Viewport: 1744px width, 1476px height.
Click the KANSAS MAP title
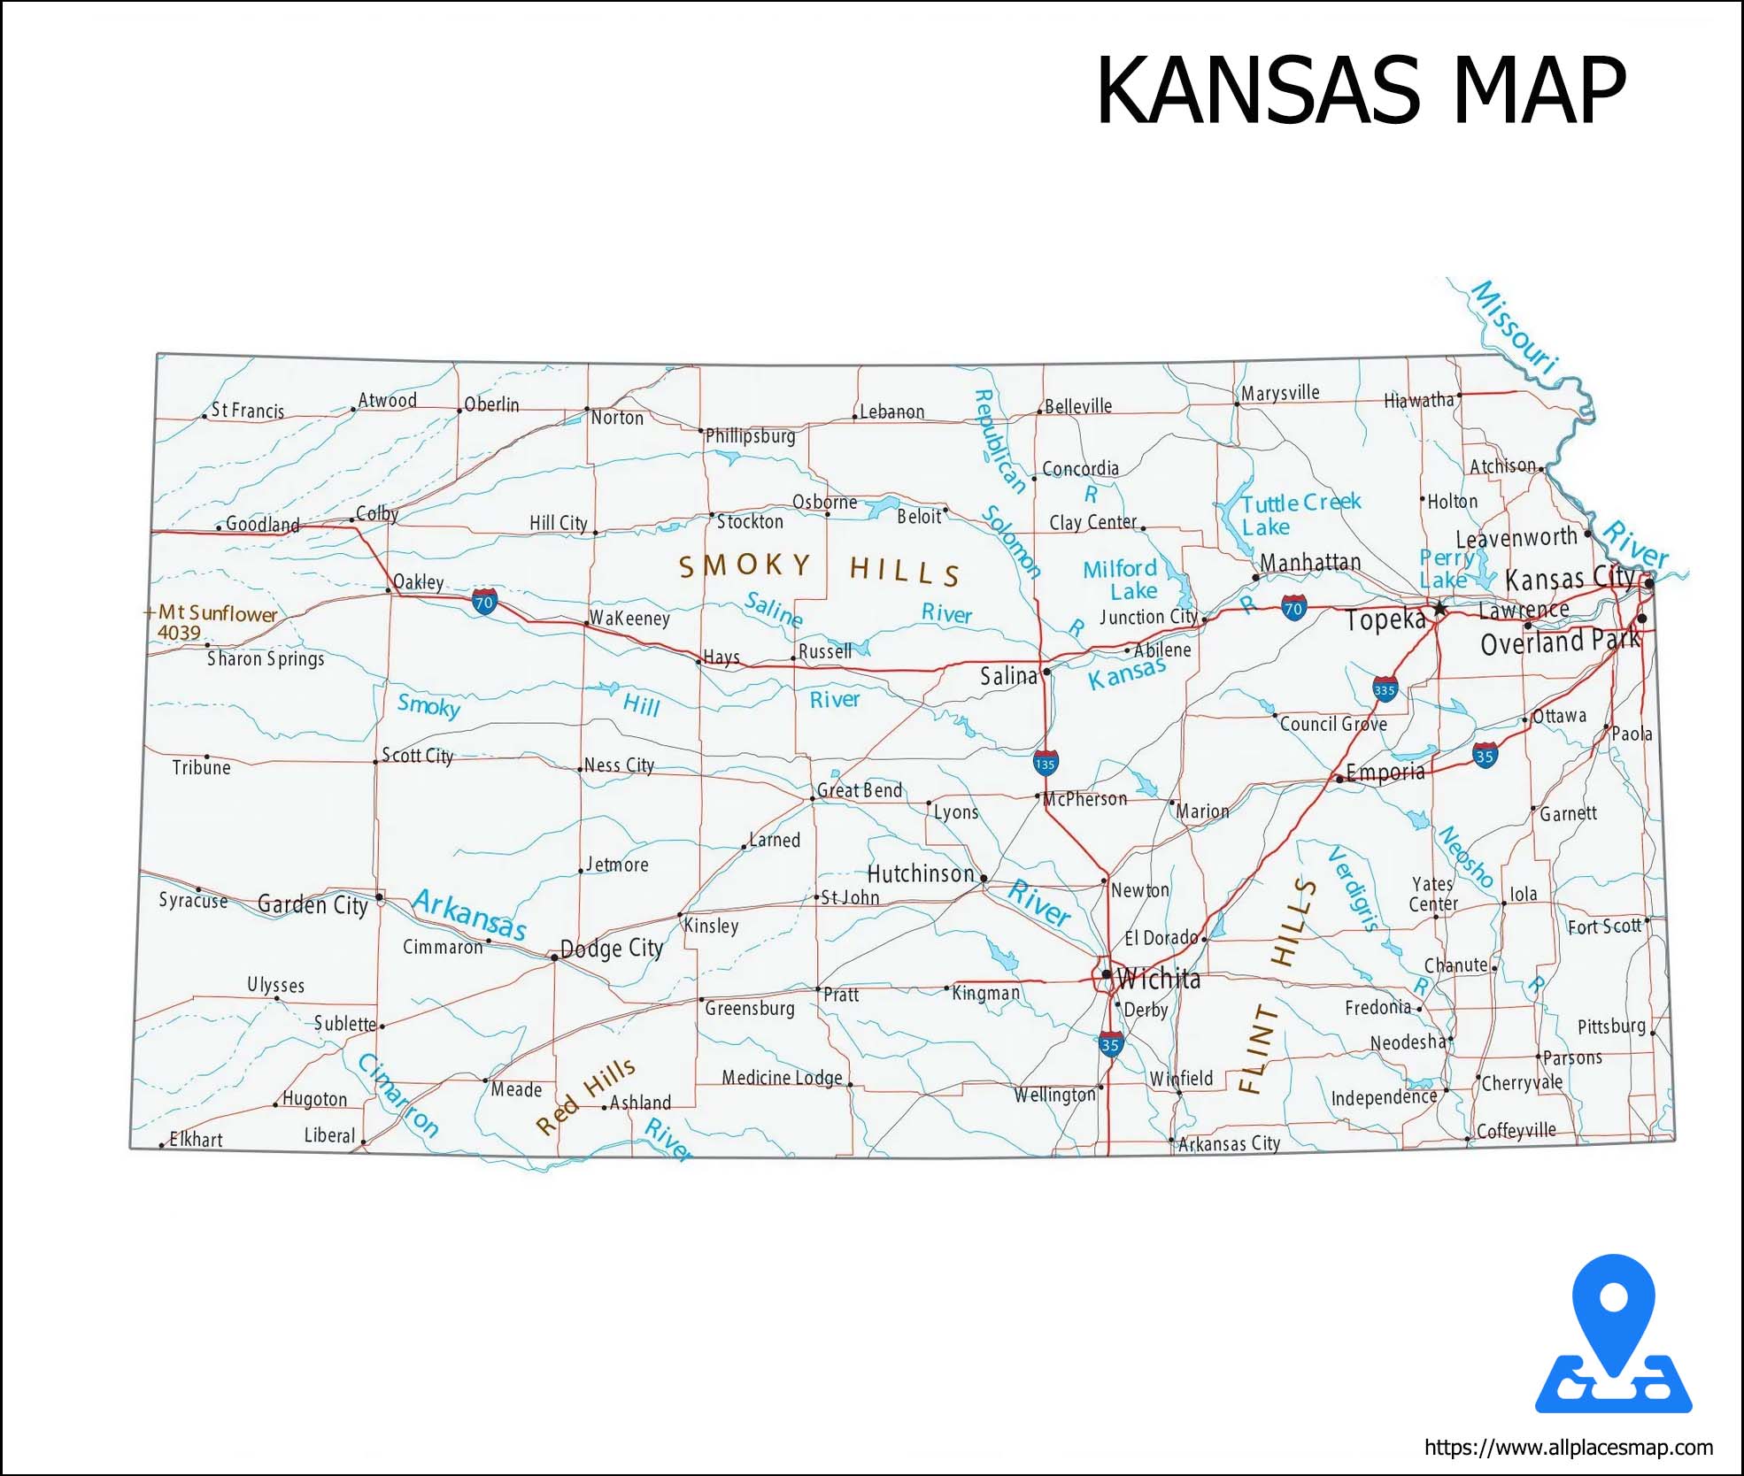1361,91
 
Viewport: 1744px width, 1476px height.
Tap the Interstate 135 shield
1045,762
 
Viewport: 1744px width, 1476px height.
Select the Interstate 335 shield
1385,689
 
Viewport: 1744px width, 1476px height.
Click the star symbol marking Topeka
1440,608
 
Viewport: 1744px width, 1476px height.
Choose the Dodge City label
612,949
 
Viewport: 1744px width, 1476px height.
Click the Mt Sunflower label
217,613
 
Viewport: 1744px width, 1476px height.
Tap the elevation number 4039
179,633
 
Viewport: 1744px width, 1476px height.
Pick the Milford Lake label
1122,580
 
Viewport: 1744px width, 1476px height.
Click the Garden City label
313,904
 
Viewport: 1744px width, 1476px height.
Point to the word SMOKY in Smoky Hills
745,565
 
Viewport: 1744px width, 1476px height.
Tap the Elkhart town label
196,1140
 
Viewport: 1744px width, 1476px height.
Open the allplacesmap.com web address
1568,1448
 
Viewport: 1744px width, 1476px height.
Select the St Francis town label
247,411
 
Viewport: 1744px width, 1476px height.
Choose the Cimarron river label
397,1094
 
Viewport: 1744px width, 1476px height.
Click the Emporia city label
1385,773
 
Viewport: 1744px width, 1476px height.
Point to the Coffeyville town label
1516,1131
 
